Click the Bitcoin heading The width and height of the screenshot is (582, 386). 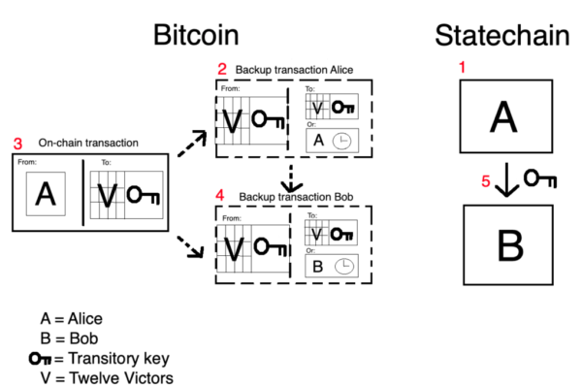tap(196, 35)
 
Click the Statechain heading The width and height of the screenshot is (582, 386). tap(502, 36)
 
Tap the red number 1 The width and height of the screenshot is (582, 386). tap(462, 67)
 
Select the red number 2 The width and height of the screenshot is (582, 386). tap(222, 69)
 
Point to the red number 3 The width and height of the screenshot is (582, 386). tap(17, 144)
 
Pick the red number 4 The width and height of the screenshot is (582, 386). tap(220, 195)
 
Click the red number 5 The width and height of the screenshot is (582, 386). tap(486, 181)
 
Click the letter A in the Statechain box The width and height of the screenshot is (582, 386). tap(503, 117)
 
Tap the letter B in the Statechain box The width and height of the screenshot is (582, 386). tap(510, 245)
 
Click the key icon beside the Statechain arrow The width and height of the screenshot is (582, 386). tap(540, 178)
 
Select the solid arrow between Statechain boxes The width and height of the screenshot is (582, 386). tap(506, 179)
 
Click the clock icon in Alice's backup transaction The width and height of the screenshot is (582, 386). tap(341, 141)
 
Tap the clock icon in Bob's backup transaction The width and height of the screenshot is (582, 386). tap(344, 266)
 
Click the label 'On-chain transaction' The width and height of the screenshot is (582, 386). tap(88, 143)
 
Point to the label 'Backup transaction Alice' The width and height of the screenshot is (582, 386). tap(294, 70)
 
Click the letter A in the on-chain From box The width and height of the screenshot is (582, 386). tap(46, 193)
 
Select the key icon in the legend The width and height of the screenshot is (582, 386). tap(40, 359)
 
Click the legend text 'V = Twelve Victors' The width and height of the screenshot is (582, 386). tap(107, 378)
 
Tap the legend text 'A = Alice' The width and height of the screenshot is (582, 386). tap(71, 319)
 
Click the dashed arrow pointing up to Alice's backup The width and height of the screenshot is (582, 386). tap(192, 144)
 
